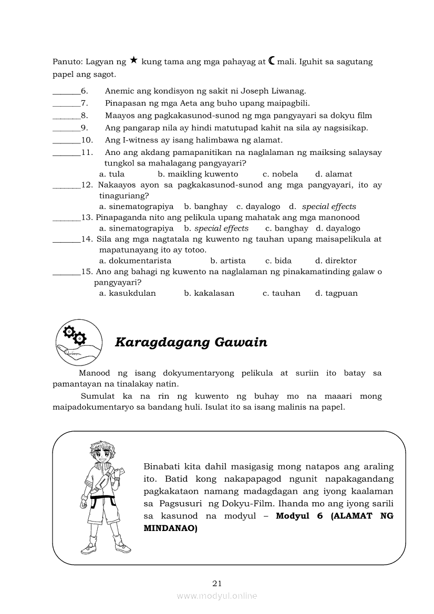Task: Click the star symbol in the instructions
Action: pos(134,61)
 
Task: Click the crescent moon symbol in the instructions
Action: pos(271,61)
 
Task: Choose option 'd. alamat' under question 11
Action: pos(334,174)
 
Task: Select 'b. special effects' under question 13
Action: pos(216,228)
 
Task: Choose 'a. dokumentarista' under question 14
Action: pos(135,261)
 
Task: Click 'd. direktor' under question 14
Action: pos(336,261)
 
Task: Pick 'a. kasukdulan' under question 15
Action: pos(128,293)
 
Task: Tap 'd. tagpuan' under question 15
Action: pos(336,293)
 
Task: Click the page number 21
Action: pos(218,583)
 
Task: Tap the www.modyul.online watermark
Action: pos(217,596)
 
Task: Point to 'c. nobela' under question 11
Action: pos(280,174)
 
